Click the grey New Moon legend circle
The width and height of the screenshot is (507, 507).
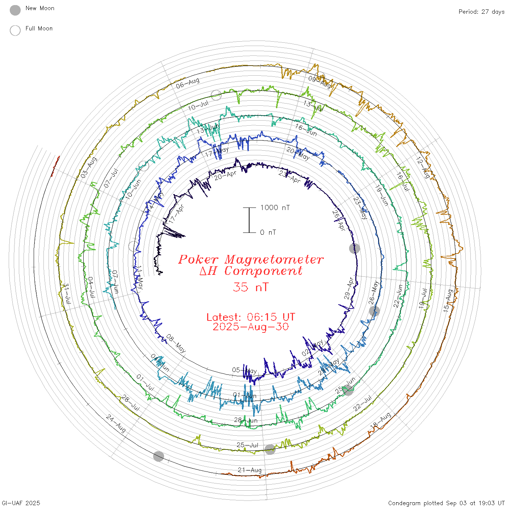coord(15,10)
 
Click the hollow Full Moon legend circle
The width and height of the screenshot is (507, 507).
coord(15,30)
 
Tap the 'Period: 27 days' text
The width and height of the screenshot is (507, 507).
coord(481,12)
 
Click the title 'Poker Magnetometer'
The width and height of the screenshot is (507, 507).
coord(251,259)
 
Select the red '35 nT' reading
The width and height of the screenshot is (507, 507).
coord(251,287)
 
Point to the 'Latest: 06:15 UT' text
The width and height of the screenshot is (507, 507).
coord(251,317)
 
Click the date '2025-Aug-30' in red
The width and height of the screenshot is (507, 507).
coord(251,327)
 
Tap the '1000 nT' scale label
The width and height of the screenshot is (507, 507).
coord(275,208)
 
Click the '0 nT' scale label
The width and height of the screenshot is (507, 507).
coord(268,232)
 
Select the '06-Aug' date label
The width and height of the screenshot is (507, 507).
coord(188,83)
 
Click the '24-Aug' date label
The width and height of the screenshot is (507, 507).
coord(116,424)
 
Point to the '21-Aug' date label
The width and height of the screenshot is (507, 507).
coord(250,470)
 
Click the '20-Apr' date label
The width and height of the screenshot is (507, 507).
coord(225,176)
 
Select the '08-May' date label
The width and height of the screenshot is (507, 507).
coord(176,344)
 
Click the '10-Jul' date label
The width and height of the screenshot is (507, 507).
coord(198,106)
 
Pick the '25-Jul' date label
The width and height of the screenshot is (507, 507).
coord(247,445)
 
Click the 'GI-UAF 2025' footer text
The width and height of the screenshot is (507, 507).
coord(20,503)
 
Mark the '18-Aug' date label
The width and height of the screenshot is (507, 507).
coord(380,420)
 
